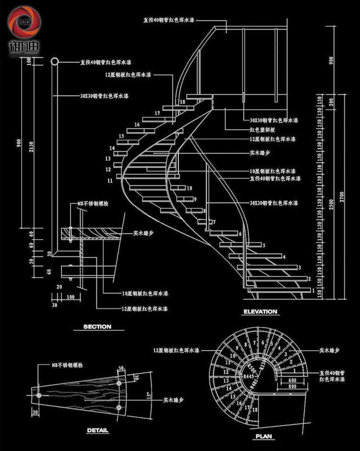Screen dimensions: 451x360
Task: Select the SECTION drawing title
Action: (x=97, y=327)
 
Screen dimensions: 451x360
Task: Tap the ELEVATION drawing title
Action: (x=260, y=312)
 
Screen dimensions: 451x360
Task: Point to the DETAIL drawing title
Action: (x=97, y=430)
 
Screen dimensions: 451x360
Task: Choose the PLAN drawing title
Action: (x=264, y=437)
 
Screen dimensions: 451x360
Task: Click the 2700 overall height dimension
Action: (x=342, y=196)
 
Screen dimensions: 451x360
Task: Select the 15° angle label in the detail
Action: (x=149, y=396)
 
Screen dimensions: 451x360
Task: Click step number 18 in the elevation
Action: (x=182, y=102)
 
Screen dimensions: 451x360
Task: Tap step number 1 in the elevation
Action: (x=313, y=290)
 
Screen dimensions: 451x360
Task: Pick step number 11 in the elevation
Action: (x=110, y=181)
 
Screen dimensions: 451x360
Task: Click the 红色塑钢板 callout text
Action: (x=262, y=130)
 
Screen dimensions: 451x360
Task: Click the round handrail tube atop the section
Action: (x=55, y=61)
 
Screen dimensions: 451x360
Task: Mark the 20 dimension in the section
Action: (x=59, y=287)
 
